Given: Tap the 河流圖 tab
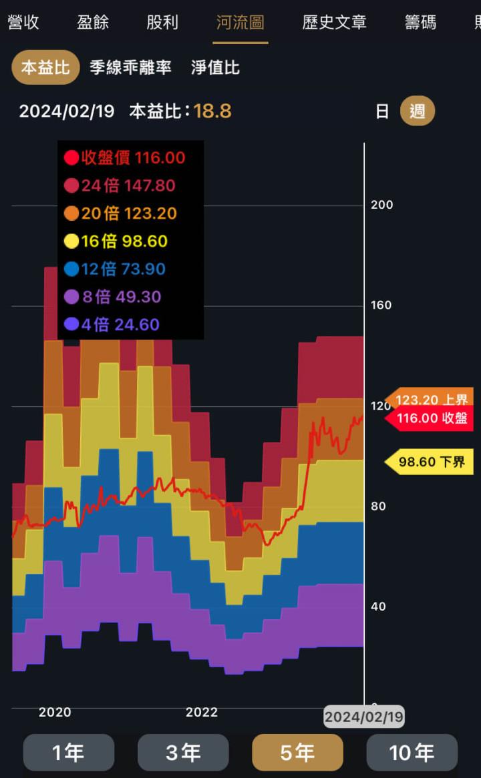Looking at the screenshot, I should click(x=240, y=23).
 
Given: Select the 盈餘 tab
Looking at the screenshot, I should click(x=93, y=23).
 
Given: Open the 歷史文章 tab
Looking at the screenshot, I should click(x=334, y=23).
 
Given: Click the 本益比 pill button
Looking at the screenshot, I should click(x=45, y=68).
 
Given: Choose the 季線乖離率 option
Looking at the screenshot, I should click(x=130, y=68).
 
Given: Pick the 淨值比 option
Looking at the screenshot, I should click(x=215, y=68).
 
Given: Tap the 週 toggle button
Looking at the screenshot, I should click(x=418, y=111).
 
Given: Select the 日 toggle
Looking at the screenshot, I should click(x=382, y=111).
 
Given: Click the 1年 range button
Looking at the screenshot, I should click(x=68, y=753).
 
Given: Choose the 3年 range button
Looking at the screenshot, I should click(x=183, y=753).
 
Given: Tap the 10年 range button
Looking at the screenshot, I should click(x=412, y=753).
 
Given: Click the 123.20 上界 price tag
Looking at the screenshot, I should click(x=430, y=400).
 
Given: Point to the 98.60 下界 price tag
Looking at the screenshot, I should click(x=430, y=462).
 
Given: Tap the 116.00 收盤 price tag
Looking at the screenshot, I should click(x=430, y=418).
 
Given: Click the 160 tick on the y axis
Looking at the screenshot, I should click(x=382, y=306).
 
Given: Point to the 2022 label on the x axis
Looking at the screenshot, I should click(x=202, y=713).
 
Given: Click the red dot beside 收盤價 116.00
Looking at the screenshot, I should click(x=71, y=158).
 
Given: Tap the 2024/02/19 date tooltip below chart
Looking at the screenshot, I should click(x=364, y=717).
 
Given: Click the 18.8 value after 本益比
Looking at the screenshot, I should click(x=212, y=111).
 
